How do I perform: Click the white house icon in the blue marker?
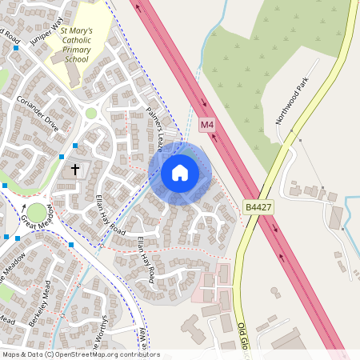[x=179, y=172]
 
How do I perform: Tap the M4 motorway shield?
[x=207, y=125]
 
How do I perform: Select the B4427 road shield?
[x=258, y=206]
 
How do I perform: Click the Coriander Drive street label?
[x=38, y=114]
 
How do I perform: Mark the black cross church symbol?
[x=76, y=170]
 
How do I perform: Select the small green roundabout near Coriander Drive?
[x=91, y=114]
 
